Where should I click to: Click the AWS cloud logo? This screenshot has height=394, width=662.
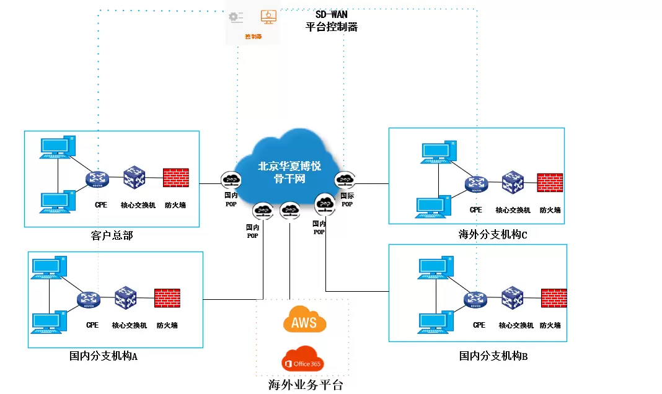(x=304, y=321)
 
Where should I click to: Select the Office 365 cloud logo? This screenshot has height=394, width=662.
(x=303, y=362)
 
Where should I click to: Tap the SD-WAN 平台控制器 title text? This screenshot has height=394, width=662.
(x=332, y=21)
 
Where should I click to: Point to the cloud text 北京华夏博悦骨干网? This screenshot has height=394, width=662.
(x=289, y=172)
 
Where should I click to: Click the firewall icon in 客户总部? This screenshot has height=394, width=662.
(x=176, y=178)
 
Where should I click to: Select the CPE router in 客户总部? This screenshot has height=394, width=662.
(x=97, y=179)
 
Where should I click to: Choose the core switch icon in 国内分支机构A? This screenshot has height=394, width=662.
(x=125, y=299)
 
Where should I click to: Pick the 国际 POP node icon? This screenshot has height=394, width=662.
(x=344, y=181)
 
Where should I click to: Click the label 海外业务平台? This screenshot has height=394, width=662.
(x=305, y=385)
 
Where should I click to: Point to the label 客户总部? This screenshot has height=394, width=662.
(x=112, y=235)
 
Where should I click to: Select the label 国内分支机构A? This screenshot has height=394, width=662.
(x=103, y=356)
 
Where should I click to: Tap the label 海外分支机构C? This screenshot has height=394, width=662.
(x=493, y=234)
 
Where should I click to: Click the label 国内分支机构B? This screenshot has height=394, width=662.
(x=493, y=356)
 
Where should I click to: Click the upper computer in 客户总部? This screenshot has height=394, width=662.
(x=57, y=147)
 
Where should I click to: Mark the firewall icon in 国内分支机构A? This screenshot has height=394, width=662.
(x=167, y=298)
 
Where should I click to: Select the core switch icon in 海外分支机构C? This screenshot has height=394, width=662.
(x=513, y=183)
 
